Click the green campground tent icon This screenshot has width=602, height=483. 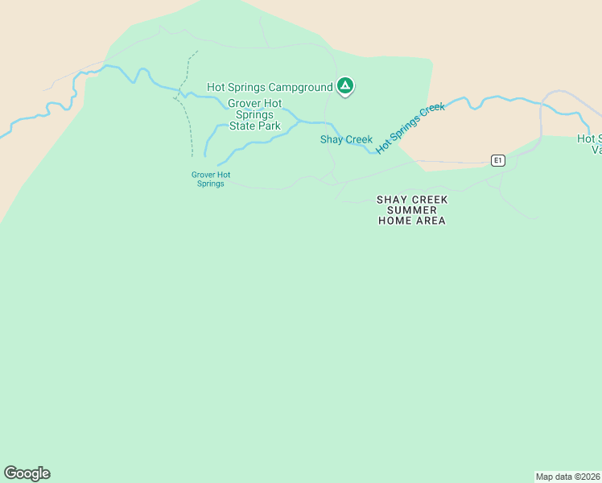[345, 85]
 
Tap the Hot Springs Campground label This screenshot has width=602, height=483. [270, 87]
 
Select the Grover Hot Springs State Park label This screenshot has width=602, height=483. [254, 114]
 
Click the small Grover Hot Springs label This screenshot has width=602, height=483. [211, 179]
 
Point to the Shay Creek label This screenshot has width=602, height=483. [346, 139]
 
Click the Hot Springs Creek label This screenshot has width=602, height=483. [410, 127]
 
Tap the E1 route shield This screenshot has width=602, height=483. [499, 160]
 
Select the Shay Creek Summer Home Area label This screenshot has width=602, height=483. [412, 209]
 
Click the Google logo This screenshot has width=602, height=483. [27, 473]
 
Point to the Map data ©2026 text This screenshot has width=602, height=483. [568, 477]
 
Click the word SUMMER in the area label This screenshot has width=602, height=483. [412, 209]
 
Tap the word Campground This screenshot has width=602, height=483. [300, 87]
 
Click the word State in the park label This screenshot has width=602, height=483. [244, 126]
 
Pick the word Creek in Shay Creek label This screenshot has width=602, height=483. [358, 139]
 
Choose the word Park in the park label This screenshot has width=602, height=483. [269, 126]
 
